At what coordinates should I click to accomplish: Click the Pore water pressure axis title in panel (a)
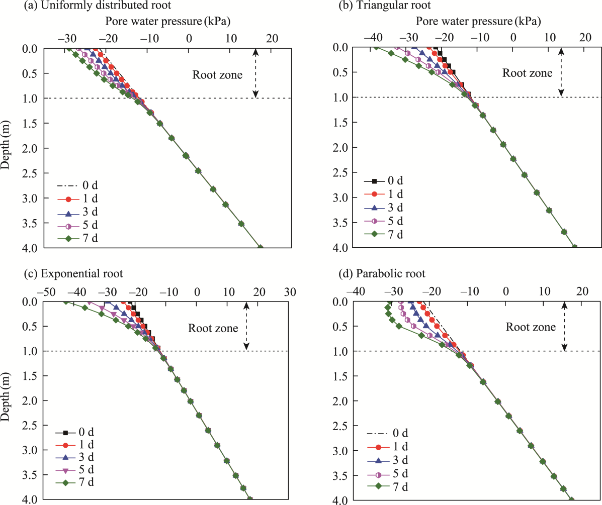pyautogui.click(x=167, y=22)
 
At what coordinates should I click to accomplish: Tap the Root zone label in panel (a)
pyautogui.click(x=217, y=75)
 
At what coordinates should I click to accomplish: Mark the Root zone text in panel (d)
pyautogui.click(x=531, y=327)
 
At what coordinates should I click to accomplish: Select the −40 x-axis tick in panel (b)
pyautogui.click(x=372, y=38)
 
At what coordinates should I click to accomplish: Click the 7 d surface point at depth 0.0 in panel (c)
pyautogui.click(x=65, y=301)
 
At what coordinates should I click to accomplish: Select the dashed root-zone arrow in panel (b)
pyautogui.click(x=561, y=72)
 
